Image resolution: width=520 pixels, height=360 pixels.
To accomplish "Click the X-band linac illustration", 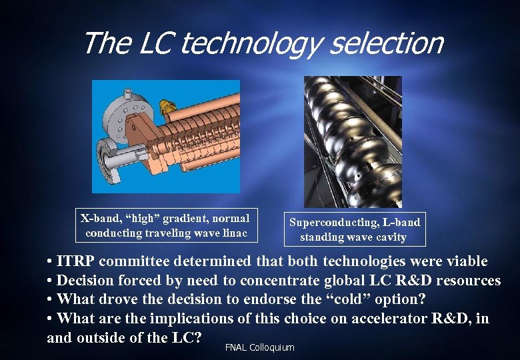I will click(x=166, y=136).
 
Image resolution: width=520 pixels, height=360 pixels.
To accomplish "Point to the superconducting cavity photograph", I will click(x=353, y=141).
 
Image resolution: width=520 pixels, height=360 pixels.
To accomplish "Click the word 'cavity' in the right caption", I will click(x=390, y=237).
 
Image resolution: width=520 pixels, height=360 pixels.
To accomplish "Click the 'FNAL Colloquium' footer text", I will click(x=259, y=348).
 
